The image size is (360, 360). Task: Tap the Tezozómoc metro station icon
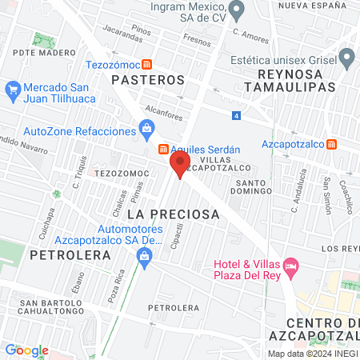(x=146, y=64)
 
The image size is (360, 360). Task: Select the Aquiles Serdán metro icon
(x=162, y=149)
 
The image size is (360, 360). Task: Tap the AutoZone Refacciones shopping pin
(x=146, y=128)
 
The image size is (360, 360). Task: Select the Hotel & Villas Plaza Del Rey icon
(x=291, y=264)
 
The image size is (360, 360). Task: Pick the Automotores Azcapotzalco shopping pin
(x=145, y=256)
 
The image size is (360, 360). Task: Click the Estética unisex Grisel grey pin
(x=346, y=58)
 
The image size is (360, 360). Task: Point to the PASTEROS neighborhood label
(x=148, y=80)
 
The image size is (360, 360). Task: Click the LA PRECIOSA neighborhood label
(x=173, y=214)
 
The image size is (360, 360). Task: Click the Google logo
(x=26, y=350)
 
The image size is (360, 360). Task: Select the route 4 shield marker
(x=237, y=116)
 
